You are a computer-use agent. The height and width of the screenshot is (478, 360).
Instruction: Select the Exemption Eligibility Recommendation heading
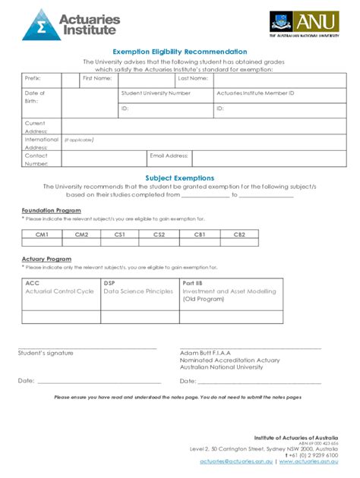tap(180, 51)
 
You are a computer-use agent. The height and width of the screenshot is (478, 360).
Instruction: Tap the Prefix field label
tap(32, 78)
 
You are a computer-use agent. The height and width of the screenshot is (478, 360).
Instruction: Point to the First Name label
tap(97, 78)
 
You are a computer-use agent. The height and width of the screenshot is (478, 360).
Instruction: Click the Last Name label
tap(192, 78)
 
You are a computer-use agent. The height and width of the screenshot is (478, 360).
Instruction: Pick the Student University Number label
tap(156, 93)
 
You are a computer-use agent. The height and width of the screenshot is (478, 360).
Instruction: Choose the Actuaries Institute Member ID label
tap(254, 93)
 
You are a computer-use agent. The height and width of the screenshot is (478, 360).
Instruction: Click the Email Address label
tap(169, 156)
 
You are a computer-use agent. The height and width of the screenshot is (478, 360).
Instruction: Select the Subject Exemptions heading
tap(180, 178)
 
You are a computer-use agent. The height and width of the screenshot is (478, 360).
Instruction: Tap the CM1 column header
tap(42, 234)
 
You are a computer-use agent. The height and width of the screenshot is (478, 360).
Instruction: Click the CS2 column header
tap(159, 234)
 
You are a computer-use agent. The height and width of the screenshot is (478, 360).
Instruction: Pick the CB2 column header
tap(239, 234)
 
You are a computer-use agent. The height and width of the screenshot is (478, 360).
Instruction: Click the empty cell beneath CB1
tap(200, 243)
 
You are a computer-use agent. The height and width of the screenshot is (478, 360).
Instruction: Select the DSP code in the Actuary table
tap(109, 283)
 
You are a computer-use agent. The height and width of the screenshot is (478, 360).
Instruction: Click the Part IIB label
tap(192, 283)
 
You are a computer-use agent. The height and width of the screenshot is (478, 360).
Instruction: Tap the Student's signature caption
tap(46, 353)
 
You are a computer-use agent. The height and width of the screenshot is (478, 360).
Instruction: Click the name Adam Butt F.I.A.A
tap(205, 353)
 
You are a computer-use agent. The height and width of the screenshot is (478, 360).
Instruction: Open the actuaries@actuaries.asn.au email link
tap(238, 461)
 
